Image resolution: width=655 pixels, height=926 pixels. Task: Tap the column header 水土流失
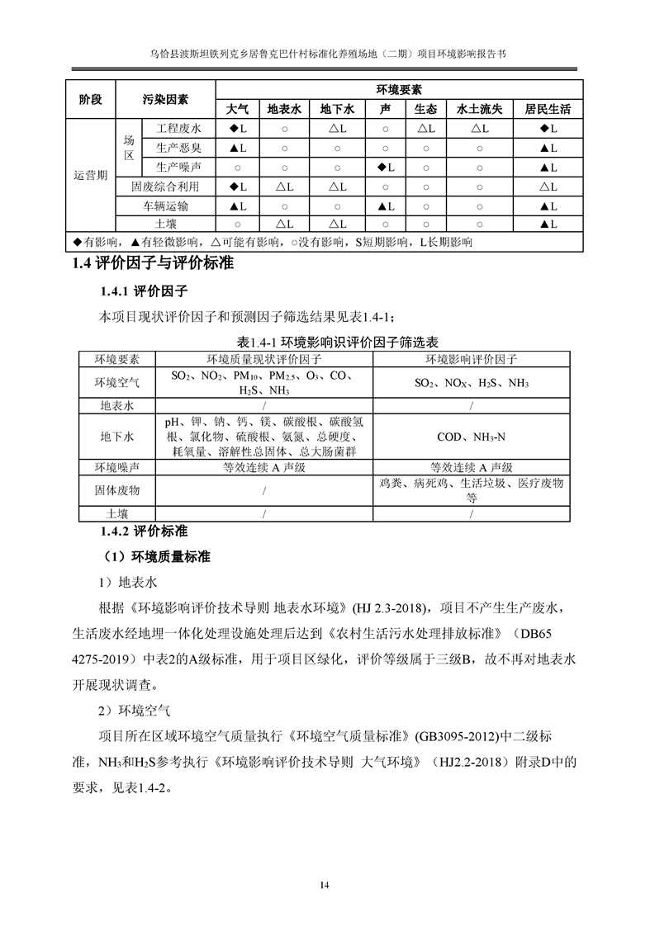coord(479,109)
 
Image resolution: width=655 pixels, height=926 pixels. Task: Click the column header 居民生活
coord(548,109)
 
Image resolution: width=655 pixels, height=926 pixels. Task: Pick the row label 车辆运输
coord(165,206)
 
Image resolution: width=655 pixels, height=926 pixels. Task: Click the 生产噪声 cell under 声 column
coord(385,168)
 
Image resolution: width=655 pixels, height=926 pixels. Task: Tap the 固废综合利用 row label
coord(165,187)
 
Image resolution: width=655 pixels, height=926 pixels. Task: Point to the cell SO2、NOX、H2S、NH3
coord(471,384)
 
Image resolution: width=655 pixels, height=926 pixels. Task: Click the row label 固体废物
coord(116,490)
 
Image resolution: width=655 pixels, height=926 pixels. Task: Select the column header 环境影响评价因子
coord(471,359)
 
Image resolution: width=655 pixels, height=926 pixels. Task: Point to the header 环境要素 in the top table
coord(399,89)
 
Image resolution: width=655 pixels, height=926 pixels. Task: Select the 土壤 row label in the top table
coord(165,224)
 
